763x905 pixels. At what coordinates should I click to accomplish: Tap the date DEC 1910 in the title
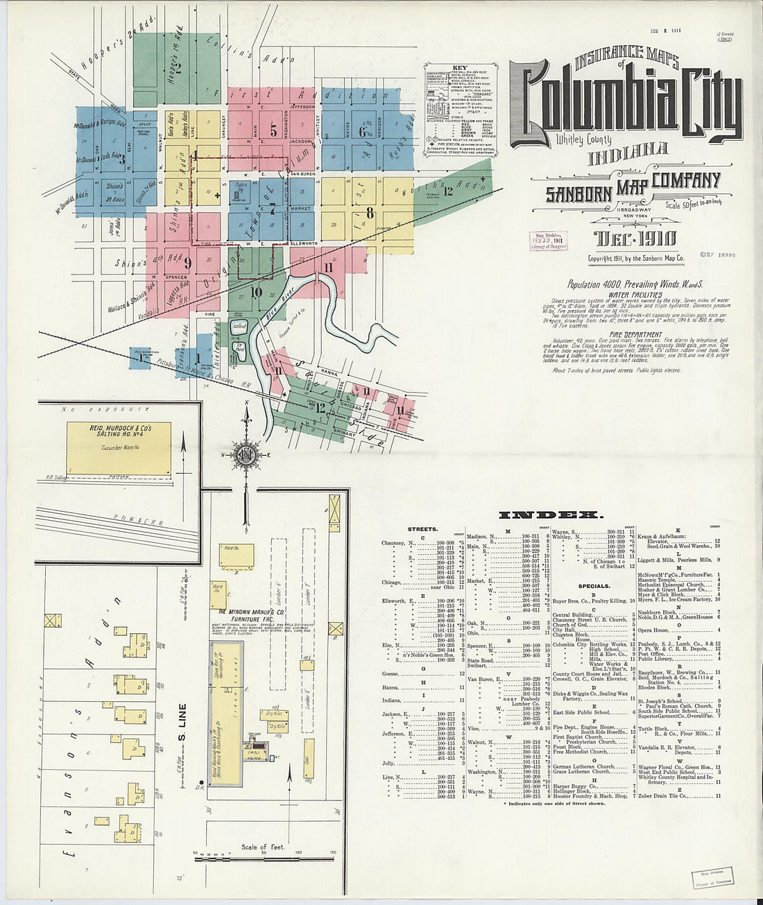point(635,239)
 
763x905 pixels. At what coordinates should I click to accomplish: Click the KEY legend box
point(458,110)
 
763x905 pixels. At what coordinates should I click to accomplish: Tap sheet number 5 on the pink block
point(273,130)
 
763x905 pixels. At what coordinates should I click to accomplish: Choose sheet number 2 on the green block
point(178,67)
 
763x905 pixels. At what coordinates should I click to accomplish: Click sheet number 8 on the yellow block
point(370,213)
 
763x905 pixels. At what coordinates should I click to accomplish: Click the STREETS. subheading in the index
point(422,529)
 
